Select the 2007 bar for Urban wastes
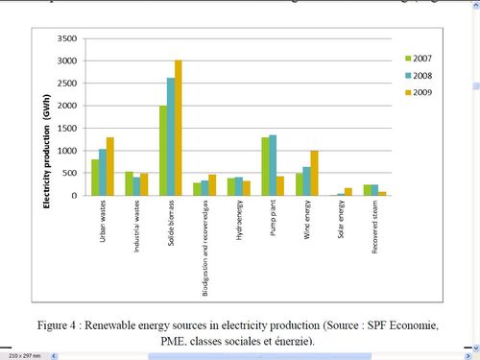click(95, 178)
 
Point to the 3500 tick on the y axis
click(66, 38)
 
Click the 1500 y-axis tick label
click(66, 128)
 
